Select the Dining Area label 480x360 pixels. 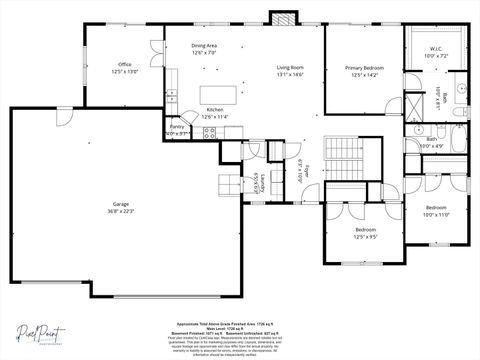click(204, 46)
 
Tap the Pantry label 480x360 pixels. click(177, 128)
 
